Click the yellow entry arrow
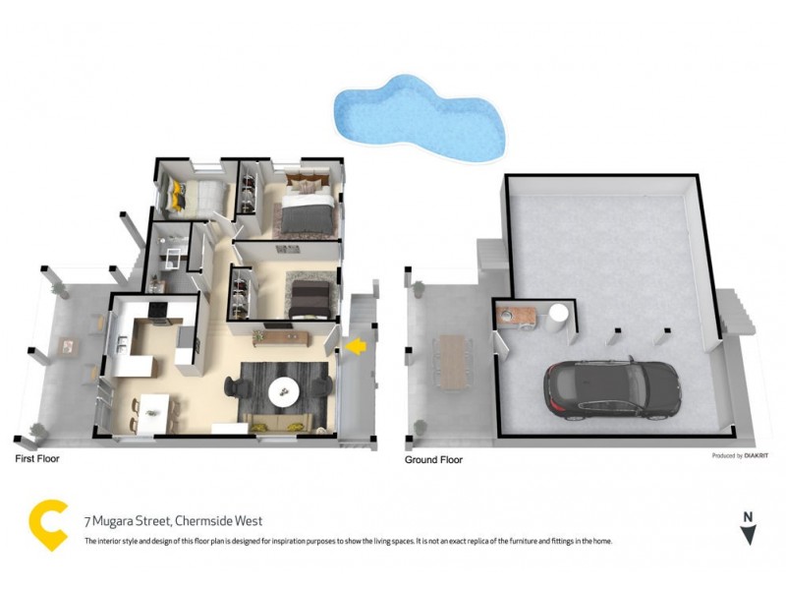tap(356, 345)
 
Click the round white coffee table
tap(285, 390)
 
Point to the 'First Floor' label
tap(38, 459)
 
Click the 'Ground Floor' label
tap(434, 459)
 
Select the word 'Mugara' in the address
tap(123, 520)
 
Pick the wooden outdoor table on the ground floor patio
tap(453, 362)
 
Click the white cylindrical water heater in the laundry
tap(557, 316)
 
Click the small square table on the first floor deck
tap(67, 346)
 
